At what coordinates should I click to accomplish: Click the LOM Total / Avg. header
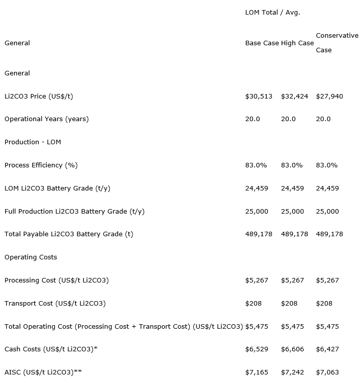(272, 13)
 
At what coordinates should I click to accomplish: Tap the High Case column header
(297, 43)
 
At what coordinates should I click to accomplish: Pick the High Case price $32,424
(294, 96)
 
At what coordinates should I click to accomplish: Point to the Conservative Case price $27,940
(329, 96)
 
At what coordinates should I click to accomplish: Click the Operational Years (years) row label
(47, 119)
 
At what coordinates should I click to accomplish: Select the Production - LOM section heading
(33, 142)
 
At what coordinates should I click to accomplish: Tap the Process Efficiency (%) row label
(41, 165)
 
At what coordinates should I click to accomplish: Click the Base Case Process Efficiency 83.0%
(256, 165)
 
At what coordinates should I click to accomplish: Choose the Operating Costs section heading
(31, 257)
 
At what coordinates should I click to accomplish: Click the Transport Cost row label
(55, 304)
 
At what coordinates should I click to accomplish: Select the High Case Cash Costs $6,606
(292, 349)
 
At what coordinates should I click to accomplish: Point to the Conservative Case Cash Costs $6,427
(327, 349)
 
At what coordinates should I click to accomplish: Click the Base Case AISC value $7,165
(257, 372)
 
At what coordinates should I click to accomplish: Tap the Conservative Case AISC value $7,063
(327, 372)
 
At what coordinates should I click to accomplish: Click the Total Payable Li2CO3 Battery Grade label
(69, 234)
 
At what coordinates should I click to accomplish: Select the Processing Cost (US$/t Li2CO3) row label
(57, 280)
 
